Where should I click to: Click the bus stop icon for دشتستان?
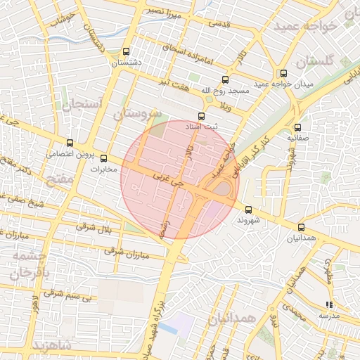tap(126, 51)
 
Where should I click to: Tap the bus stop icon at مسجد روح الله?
tap(225, 79)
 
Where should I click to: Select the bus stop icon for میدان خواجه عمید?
tap(283, 73)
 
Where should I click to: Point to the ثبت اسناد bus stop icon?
tap(202, 116)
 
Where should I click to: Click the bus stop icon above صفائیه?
tap(297, 127)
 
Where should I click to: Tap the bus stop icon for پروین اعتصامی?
tap(69, 143)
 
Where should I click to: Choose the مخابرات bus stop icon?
tap(104, 158)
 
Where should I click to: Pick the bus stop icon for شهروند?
tap(248, 210)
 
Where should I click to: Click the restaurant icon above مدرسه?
tap(328, 305)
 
